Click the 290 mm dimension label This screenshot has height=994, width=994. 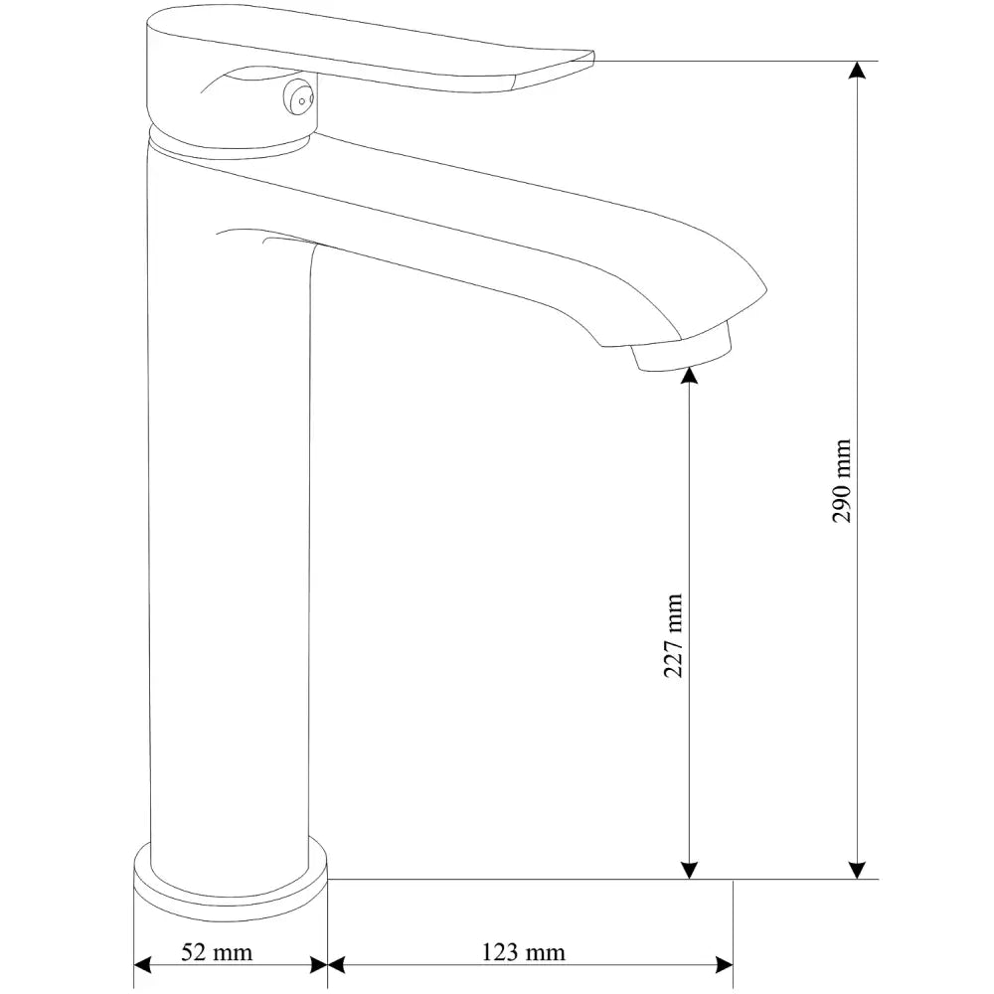coord(842,481)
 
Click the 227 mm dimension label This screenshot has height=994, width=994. coord(674,636)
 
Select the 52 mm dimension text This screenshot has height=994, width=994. coord(217,952)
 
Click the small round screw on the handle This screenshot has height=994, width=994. coord(298,96)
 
